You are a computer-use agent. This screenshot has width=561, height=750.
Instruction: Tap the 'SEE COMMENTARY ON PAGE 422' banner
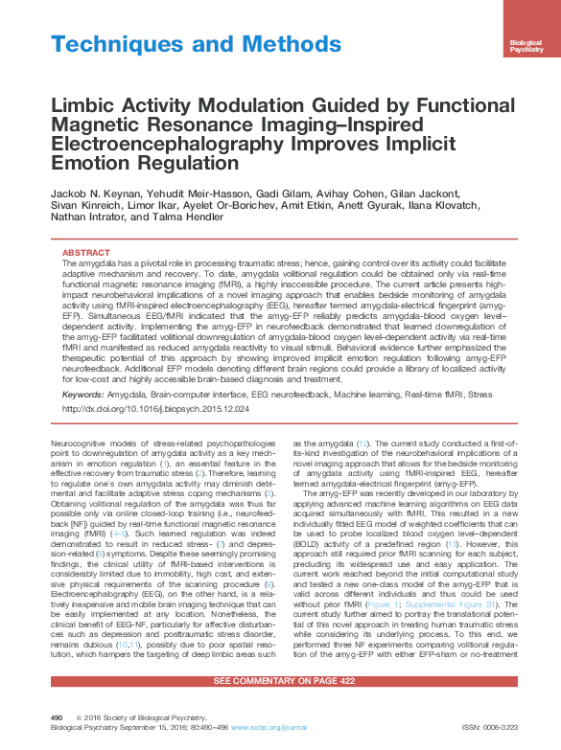[280, 680]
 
